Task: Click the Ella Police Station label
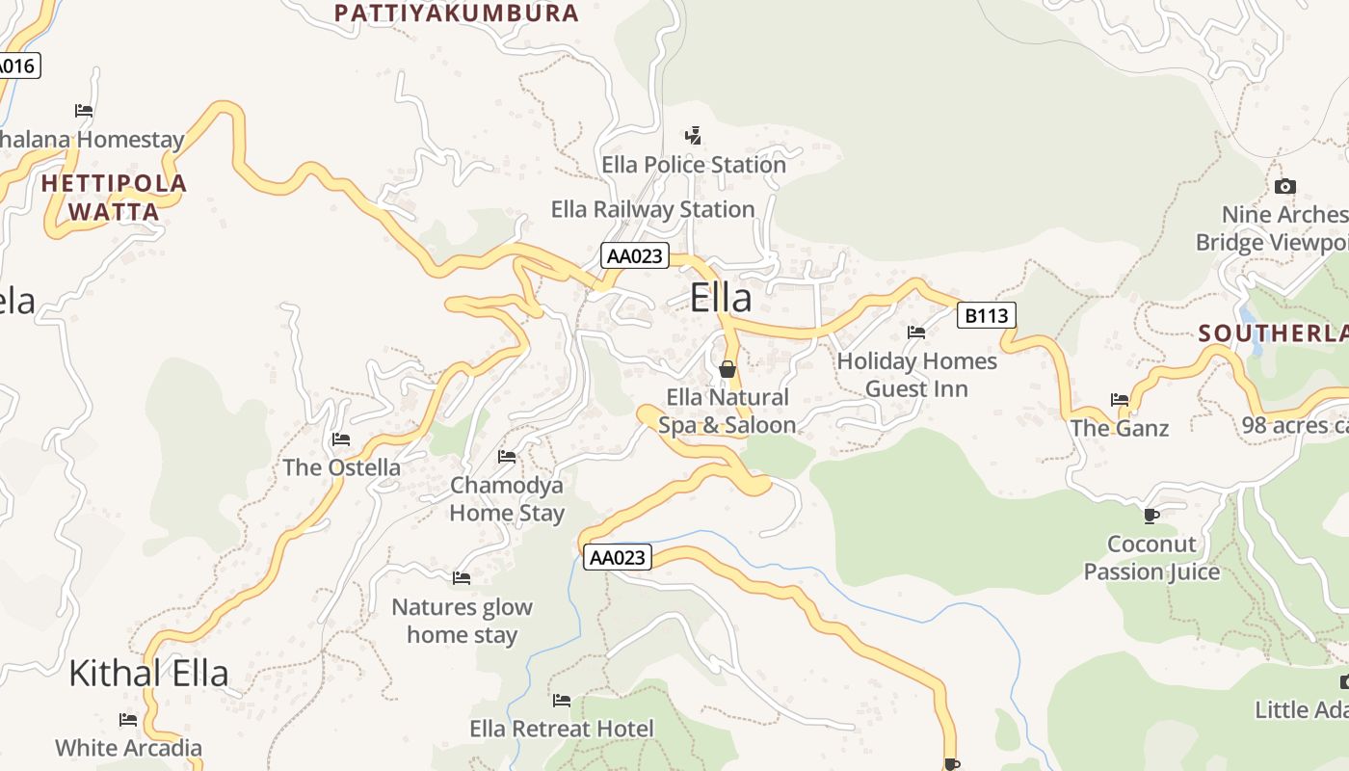point(694,165)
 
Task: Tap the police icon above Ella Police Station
point(693,135)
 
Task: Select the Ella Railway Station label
point(652,209)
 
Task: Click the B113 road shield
point(986,315)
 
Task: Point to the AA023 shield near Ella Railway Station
point(635,255)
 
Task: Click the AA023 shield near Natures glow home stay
point(617,557)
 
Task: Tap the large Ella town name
point(721,298)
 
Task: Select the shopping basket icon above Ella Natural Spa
point(727,369)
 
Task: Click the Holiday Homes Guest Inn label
point(916,375)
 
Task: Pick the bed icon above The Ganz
point(1119,399)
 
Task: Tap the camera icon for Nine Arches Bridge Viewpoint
point(1284,186)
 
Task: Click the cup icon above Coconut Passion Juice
point(1151,515)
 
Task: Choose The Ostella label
point(341,467)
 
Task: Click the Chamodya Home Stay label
point(507,498)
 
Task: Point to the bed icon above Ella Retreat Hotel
point(562,700)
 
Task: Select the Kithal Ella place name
point(148,673)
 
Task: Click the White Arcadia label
point(128,748)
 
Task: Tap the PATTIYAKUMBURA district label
point(456,13)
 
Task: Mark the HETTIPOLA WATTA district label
point(114,197)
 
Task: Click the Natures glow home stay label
point(462,621)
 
